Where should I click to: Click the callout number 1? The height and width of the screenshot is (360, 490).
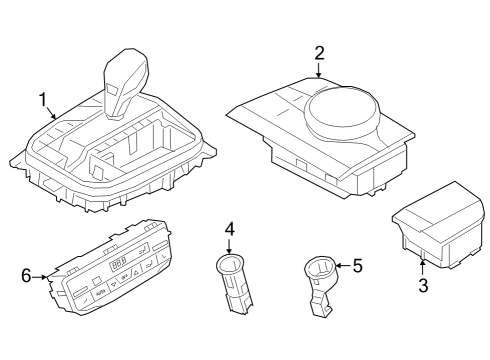pos(43,100)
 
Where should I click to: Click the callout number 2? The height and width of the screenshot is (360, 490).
pos(319,53)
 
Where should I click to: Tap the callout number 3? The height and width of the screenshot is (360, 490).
pos(423,285)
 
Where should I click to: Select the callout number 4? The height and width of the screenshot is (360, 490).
pos(230,229)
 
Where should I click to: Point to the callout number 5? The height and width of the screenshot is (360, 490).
pos(358,266)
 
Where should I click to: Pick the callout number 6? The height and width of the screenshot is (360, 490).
pos(26,276)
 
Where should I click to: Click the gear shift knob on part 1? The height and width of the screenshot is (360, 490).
pos(125,83)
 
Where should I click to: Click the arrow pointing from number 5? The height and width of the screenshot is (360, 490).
pos(343,266)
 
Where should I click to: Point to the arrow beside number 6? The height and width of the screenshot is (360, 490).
pos(40,277)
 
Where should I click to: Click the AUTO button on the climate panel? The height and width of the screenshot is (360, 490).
pos(100,293)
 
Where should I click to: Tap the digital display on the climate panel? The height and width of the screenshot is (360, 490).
pos(119,264)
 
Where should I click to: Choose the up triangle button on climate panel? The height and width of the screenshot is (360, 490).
pos(136,273)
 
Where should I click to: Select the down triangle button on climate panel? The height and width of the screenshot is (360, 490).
pos(114,284)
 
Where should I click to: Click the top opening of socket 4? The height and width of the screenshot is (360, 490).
pos(230,261)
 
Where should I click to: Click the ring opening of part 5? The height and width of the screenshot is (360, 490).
pos(321,267)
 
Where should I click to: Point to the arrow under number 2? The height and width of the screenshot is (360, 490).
pos(319,70)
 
